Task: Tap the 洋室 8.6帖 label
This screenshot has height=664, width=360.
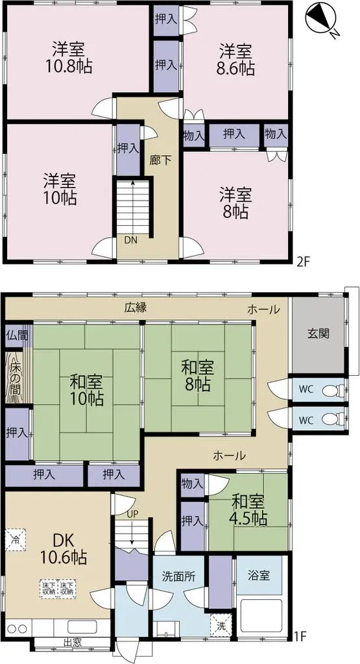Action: point(235,59)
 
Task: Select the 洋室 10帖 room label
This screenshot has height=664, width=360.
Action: point(60,188)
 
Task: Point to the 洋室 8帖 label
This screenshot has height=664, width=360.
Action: point(235,203)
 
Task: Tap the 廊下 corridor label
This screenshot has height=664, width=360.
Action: point(161,160)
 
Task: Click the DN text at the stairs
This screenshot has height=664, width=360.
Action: point(131,239)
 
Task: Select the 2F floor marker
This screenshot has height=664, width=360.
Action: point(302,262)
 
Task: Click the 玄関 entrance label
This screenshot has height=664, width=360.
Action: point(318,334)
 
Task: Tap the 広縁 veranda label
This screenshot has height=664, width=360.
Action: point(135,308)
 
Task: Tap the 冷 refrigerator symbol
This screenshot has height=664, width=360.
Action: point(14,538)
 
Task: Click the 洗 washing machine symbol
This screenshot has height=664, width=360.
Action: point(221,627)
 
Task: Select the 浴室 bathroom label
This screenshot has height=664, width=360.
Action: point(258,575)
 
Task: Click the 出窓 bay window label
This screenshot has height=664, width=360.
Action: point(72,643)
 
